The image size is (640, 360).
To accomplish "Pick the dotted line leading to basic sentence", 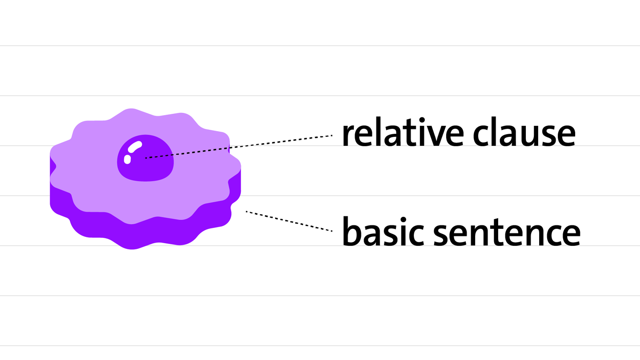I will click(289, 221).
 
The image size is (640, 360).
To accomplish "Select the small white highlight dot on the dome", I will click(127, 159).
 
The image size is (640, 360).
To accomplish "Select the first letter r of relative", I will click(348, 137).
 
